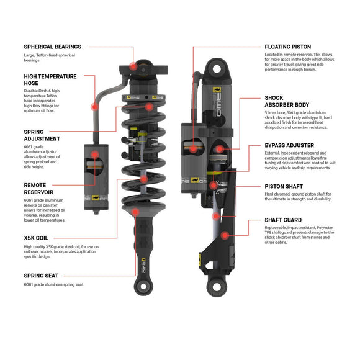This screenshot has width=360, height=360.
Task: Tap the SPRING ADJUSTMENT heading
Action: pos(42,136)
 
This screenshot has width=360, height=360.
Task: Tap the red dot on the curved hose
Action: pos(95,107)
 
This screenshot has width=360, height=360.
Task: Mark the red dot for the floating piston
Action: pos(194,149)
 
